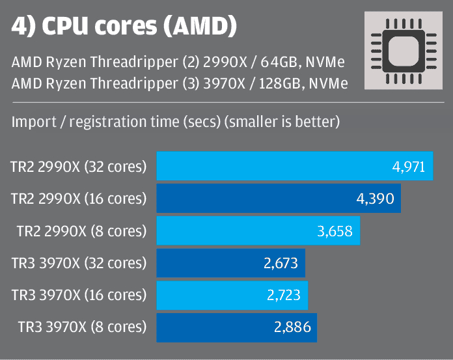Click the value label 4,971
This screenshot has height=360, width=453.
409,167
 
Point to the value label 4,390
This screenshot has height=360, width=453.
376,199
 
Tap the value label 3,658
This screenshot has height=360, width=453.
336,230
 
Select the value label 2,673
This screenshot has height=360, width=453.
281,263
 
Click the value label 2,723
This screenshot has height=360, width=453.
284,295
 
